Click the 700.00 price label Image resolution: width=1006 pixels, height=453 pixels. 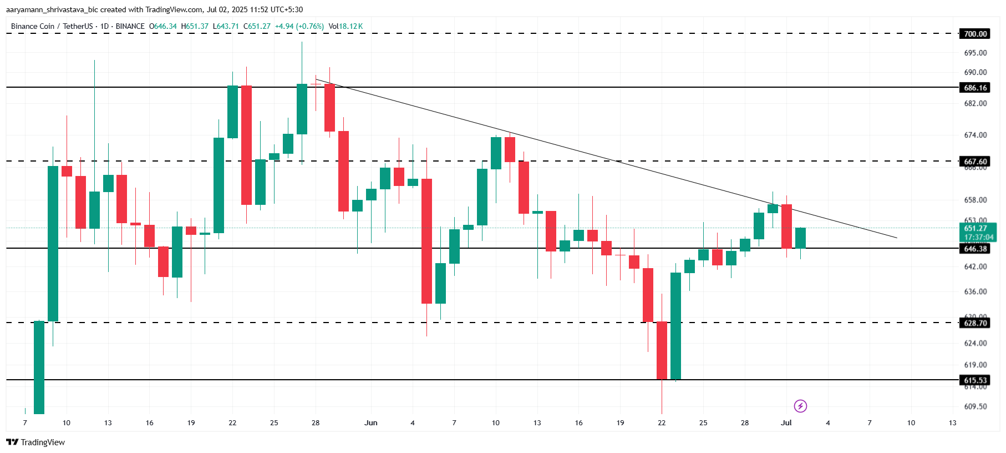[x=975, y=34]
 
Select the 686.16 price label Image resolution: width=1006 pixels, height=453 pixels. [x=975, y=88]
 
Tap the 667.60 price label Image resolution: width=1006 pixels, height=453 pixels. [x=975, y=162]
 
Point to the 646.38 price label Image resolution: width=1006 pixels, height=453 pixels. [x=975, y=249]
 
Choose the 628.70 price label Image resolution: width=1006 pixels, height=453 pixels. [x=975, y=323]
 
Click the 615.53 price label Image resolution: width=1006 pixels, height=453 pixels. [x=975, y=380]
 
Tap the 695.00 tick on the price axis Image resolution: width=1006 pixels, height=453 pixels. [x=975, y=53]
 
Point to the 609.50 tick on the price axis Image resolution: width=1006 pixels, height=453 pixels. [x=975, y=406]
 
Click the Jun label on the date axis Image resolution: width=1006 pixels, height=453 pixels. [x=370, y=423]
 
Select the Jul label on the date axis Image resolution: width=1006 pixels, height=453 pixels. [x=786, y=423]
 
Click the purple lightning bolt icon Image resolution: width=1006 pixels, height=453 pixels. [x=800, y=406]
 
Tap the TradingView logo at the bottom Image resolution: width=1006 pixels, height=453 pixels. [x=35, y=442]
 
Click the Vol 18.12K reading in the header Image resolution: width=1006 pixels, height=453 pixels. [x=346, y=26]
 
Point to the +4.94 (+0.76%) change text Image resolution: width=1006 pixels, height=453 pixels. [x=299, y=26]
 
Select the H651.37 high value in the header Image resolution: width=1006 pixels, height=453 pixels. [x=195, y=26]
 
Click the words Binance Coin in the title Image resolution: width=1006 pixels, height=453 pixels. [x=33, y=26]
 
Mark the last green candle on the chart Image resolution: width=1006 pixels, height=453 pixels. [x=800, y=238]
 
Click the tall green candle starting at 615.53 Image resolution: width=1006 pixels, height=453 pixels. [x=675, y=326]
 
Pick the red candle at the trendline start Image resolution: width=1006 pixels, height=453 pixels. [x=329, y=107]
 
